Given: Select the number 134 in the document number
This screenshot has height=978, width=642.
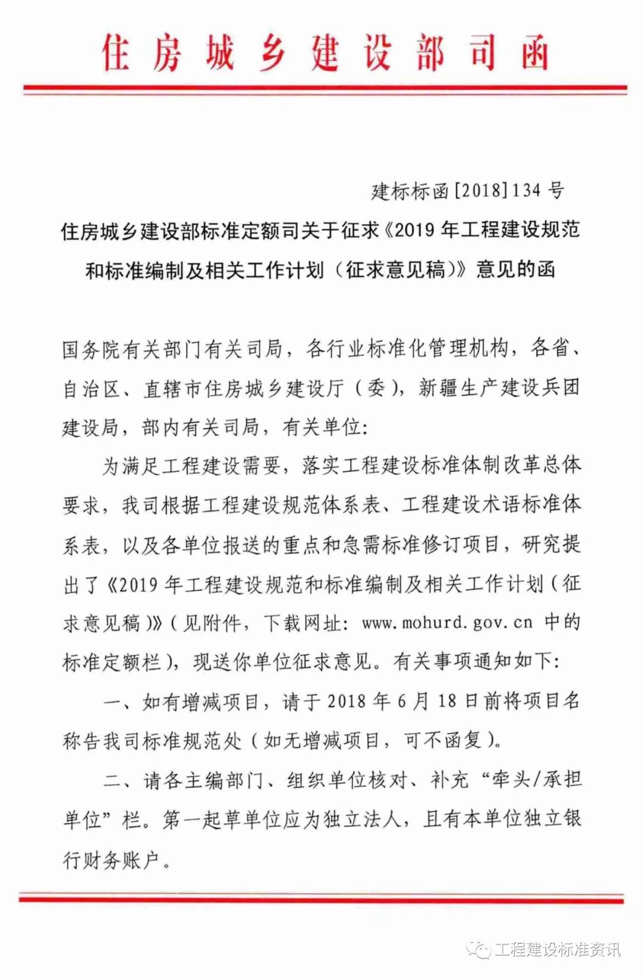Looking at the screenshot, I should tap(527, 190).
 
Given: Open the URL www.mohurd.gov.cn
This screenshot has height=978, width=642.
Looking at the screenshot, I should tap(447, 622).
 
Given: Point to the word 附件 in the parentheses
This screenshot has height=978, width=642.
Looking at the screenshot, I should tap(221, 622).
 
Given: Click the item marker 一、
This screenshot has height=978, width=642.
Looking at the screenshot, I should tap(121, 702).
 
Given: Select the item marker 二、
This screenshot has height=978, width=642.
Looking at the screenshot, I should tap(121, 780).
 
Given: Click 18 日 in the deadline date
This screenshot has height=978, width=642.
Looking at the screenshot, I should tap(458, 702).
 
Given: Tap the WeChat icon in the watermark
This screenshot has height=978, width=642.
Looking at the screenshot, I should tap(479, 949).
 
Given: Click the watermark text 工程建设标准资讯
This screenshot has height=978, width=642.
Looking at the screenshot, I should tap(558, 949).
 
